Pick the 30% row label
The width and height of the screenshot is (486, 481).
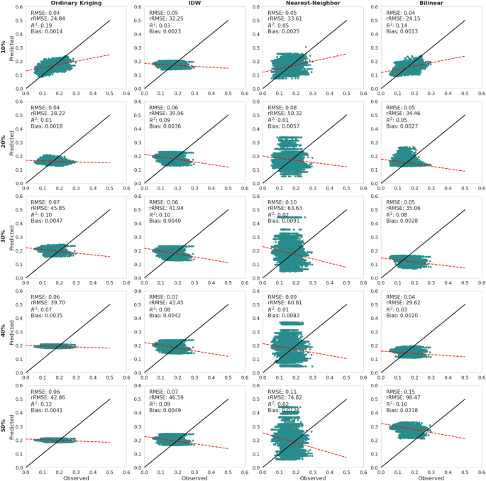coord(4,238)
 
